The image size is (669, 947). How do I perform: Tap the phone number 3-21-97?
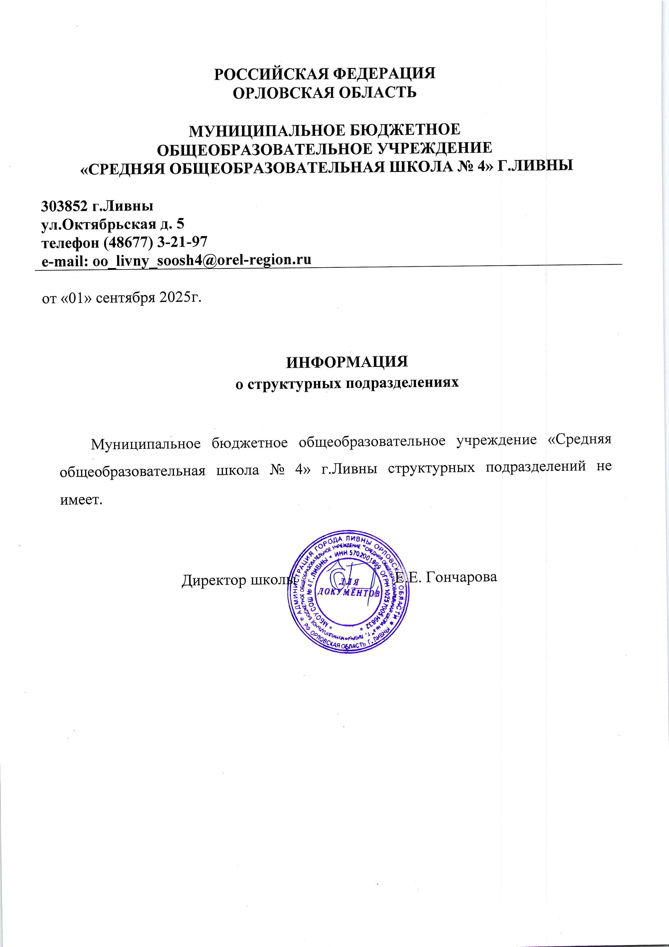click(183, 242)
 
